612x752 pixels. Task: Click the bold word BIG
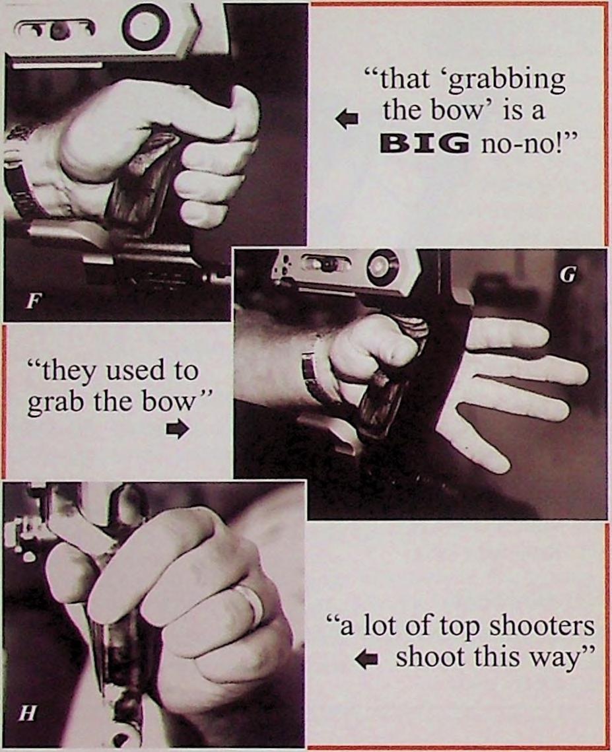425,143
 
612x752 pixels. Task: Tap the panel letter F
32,302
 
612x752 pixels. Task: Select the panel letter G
568,276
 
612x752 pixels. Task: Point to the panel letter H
27,714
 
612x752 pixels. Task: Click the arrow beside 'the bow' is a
347,119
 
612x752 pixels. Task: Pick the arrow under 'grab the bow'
178,428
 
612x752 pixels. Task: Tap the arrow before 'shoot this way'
366,660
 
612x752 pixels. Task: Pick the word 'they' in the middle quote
68,370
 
